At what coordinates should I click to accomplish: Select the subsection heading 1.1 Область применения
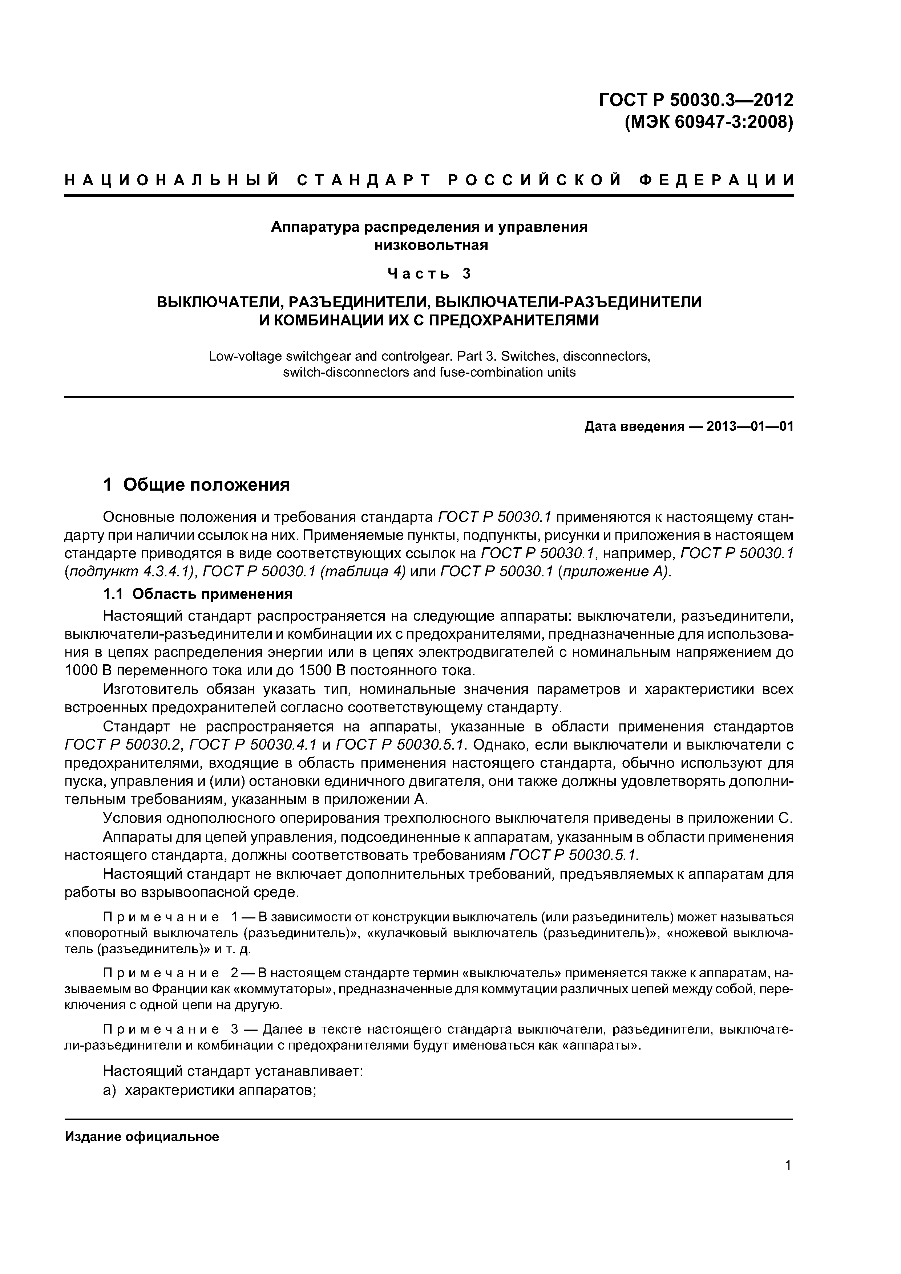(x=198, y=594)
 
